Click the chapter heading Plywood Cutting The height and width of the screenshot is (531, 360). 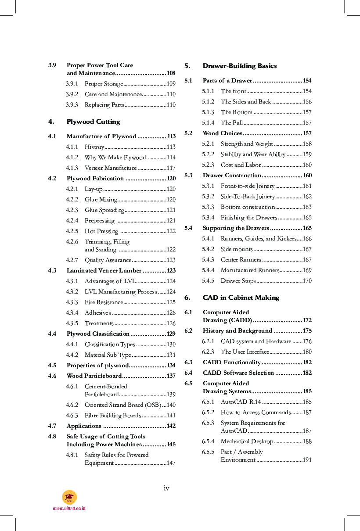point(93,122)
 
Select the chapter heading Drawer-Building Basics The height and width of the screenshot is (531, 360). point(239,66)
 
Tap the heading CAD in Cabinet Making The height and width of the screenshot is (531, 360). point(241,298)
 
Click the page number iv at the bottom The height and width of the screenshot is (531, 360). point(166,488)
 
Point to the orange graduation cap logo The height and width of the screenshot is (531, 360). point(69,497)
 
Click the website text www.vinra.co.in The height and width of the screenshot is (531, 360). point(69,508)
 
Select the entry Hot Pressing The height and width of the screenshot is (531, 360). point(101,231)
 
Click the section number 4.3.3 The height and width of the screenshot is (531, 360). point(72,302)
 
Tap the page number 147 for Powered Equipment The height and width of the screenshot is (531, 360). point(171,463)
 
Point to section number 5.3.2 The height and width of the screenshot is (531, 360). point(208,197)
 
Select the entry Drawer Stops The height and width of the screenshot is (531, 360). point(238,281)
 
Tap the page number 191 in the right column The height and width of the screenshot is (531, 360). point(307,460)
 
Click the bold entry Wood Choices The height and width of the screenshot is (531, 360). point(222,133)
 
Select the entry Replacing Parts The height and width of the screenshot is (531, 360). point(104,105)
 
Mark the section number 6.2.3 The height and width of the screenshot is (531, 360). point(208,352)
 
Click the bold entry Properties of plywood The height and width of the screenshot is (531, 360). point(97,366)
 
